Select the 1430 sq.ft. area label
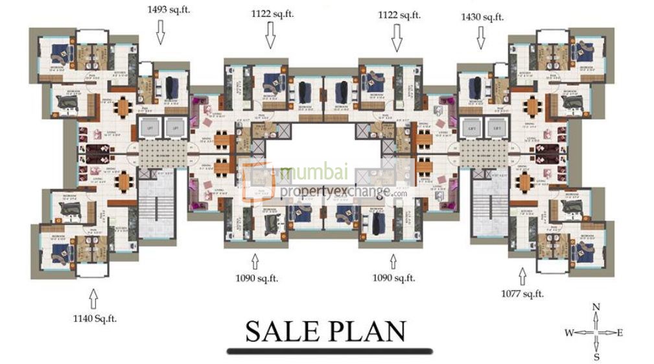pyautogui.click(x=482, y=18)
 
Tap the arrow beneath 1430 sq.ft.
pyautogui.click(x=480, y=39)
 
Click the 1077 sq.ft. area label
pyautogui.click(x=522, y=294)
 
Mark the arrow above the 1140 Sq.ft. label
pyautogui.click(x=94, y=299)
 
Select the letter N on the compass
pyautogui.click(x=596, y=308)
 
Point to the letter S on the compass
pyautogui.click(x=596, y=356)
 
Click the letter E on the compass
pyautogui.click(x=620, y=333)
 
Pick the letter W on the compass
pyautogui.click(x=568, y=333)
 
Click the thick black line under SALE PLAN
pyautogui.click(x=329, y=351)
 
